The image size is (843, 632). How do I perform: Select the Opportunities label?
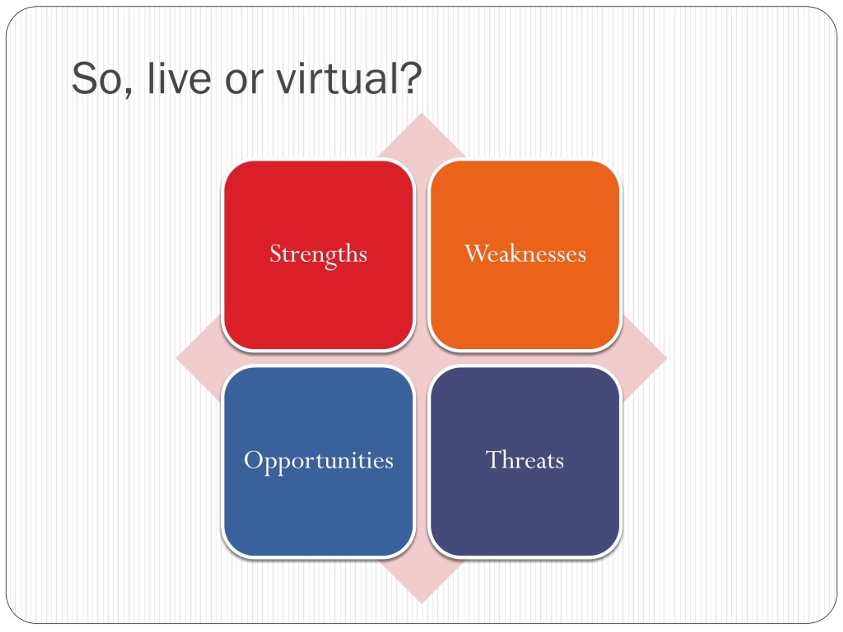319,461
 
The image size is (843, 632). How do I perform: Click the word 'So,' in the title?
102,79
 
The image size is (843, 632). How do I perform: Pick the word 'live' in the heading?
179,78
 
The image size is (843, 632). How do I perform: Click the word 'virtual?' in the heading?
349,78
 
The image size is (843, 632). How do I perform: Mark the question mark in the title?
409,78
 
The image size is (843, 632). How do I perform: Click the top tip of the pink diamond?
421,113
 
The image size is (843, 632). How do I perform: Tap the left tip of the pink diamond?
176,358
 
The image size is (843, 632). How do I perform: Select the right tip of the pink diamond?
667,358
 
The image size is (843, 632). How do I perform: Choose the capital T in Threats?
494,460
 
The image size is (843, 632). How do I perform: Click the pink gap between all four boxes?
421,358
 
